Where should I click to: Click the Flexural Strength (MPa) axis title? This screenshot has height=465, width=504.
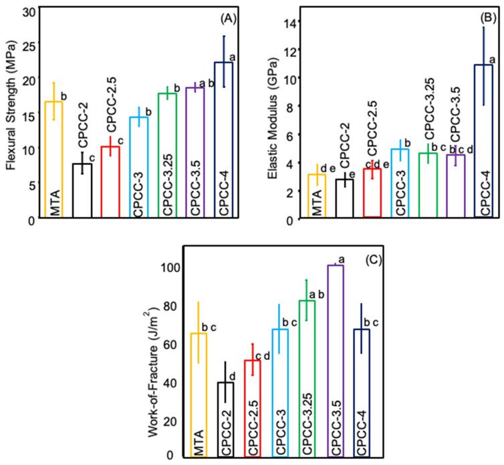(9, 114)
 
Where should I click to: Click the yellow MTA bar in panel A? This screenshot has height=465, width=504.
(53, 160)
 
